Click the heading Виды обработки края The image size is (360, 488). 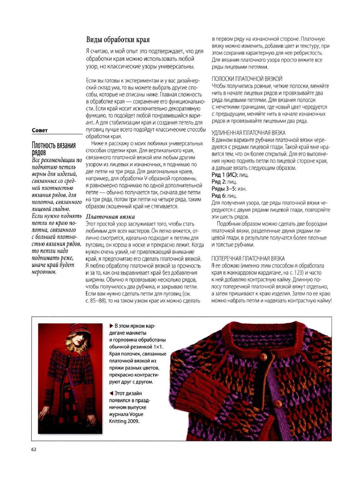[118, 40]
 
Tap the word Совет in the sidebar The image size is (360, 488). [40, 130]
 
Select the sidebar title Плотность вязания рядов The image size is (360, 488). [54, 149]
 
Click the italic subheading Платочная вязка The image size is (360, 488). [110, 217]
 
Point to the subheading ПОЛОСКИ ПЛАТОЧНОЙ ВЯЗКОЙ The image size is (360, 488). [247, 79]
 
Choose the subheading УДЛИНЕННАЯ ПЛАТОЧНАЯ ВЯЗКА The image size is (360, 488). [248, 133]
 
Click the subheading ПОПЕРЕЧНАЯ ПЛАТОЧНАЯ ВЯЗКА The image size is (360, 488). [248, 258]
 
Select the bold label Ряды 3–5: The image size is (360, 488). [224, 189]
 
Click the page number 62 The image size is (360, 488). [34, 449]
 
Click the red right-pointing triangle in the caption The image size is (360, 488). [111, 326]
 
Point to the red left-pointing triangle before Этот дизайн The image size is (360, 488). [111, 393]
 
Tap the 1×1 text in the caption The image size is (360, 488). [158, 347]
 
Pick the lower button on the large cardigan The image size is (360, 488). [278, 404]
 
